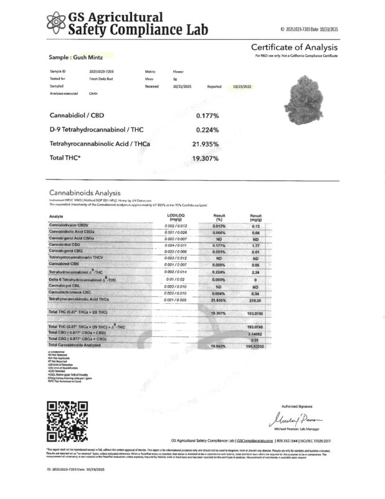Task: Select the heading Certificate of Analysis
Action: [294, 48]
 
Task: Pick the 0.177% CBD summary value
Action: [207, 115]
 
